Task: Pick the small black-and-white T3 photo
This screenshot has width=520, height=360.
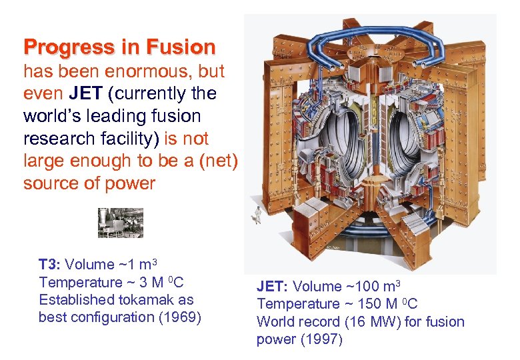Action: click(121, 223)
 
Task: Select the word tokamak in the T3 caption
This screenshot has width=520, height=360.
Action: click(142, 300)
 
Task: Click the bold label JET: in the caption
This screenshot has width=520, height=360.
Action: click(271, 287)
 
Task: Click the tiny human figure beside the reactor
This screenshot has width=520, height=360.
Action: click(254, 214)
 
